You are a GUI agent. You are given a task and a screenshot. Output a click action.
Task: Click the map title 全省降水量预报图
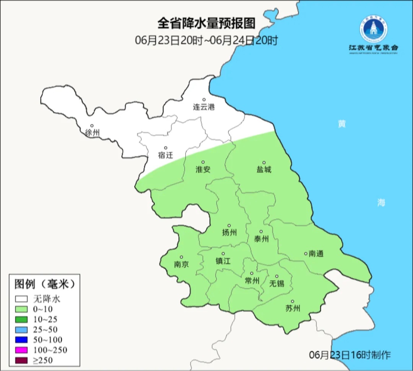pyautogui.click(x=206, y=24)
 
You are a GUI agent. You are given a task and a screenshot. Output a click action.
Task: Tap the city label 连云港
pyautogui.click(x=204, y=107)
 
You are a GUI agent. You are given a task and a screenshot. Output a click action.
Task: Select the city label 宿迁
pyautogui.click(x=166, y=155)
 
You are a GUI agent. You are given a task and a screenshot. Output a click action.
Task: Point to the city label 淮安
pyautogui.click(x=203, y=170)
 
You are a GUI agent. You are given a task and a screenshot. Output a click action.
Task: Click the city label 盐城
pyautogui.click(x=263, y=170)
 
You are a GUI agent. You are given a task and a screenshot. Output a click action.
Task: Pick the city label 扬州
pyautogui.click(x=229, y=232)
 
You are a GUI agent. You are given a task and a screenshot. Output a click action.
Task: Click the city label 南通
pyautogui.click(x=316, y=253)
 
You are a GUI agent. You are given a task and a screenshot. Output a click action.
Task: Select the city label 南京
pyautogui.click(x=181, y=265)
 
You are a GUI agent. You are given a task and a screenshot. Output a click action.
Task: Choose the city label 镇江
pyautogui.click(x=223, y=261)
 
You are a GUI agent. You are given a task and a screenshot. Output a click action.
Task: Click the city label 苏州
pyautogui.click(x=293, y=308)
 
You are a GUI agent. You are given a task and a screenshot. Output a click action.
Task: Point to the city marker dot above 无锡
pyautogui.click(x=277, y=276)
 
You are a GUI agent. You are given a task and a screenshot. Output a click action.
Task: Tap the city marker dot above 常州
pyautogui.click(x=252, y=273)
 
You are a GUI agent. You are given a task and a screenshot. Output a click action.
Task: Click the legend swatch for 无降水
pyautogui.click(x=21, y=299)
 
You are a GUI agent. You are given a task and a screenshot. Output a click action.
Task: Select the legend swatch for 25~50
pyautogui.click(x=21, y=329)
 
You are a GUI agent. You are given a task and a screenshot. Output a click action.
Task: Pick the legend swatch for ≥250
pyautogui.click(x=21, y=360)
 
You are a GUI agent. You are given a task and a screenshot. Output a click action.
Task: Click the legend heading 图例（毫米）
pyautogui.click(x=44, y=284)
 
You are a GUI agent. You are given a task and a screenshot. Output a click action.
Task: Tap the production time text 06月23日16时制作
pyautogui.click(x=350, y=355)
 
